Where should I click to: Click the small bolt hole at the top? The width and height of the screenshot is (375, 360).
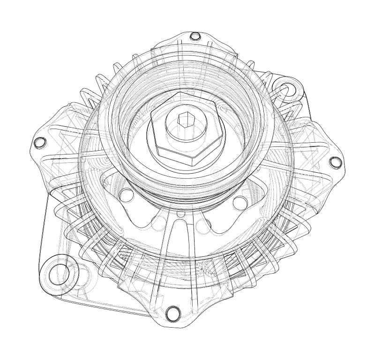[195, 36]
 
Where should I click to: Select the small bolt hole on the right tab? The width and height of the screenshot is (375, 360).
[335, 162]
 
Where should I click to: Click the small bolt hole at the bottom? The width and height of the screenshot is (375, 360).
[172, 310]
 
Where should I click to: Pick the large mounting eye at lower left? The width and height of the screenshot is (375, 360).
[57, 272]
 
